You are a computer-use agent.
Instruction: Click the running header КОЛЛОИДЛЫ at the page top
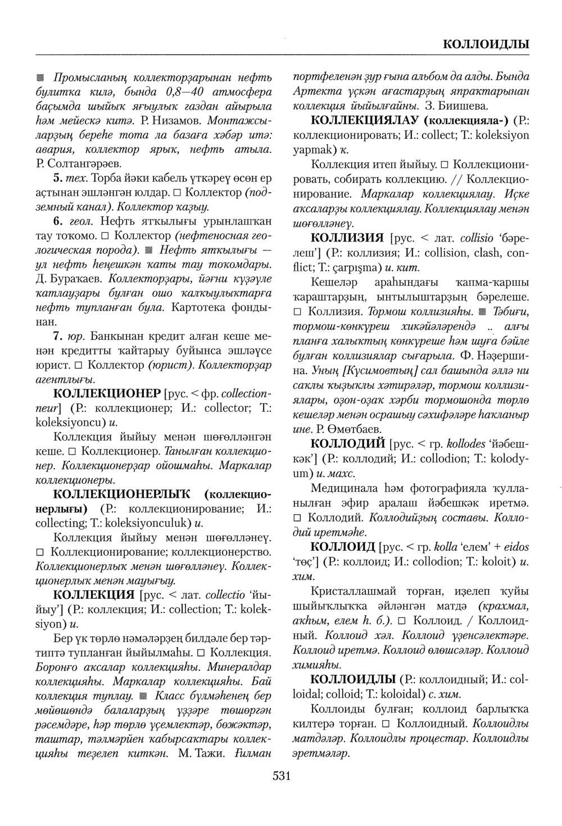(485, 44)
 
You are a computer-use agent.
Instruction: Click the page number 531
(281, 777)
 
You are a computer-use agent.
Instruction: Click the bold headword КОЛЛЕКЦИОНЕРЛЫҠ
(126, 494)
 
